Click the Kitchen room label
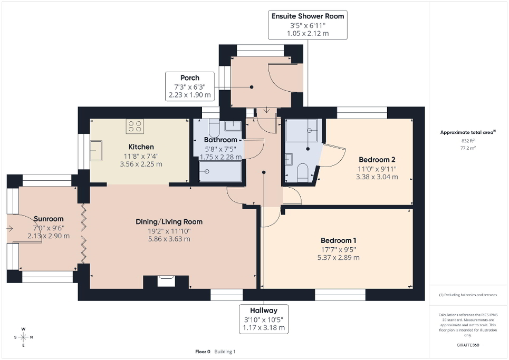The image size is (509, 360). coord(141,147)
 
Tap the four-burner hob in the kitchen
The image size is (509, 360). coord(135,127)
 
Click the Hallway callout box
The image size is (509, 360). coord(264,319)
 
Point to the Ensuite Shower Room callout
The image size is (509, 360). coord(308,25)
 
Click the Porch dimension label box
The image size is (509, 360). coord(189,86)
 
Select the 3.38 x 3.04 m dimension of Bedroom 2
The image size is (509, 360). coord(377,177)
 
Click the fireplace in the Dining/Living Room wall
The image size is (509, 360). coord(166,281)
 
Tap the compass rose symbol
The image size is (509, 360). coord(23,337)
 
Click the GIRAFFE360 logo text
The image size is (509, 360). coord(468,345)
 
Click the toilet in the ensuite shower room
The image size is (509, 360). coord(303,172)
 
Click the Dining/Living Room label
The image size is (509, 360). coord(169,221)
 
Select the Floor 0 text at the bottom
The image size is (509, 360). coord(202,352)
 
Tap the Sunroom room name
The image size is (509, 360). coord(49,219)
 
